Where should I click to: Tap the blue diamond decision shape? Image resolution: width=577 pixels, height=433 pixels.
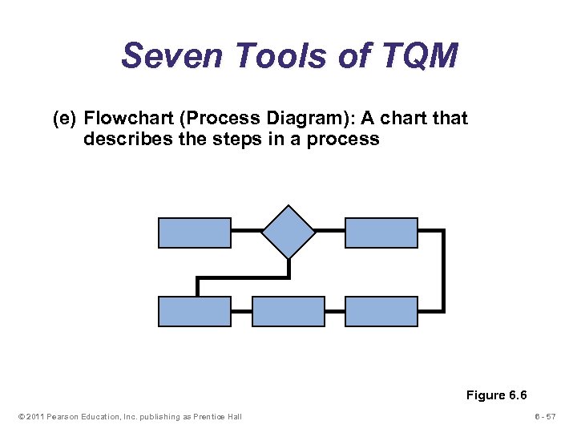tap(288, 232)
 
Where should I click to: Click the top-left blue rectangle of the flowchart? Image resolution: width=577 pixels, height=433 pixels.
tap(195, 232)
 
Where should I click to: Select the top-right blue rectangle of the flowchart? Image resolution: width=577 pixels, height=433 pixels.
tap(381, 232)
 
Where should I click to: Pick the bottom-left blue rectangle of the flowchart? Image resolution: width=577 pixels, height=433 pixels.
tap(195, 311)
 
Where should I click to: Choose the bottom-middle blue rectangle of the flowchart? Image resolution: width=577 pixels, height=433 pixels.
tap(288, 311)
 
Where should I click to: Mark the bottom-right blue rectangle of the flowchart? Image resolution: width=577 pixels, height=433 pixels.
tap(381, 311)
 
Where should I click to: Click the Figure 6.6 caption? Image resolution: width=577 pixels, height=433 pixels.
tap(498, 395)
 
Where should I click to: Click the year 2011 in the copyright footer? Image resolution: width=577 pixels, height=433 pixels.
tap(34, 416)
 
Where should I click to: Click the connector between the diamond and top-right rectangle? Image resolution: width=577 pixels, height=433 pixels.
tap(330, 231)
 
